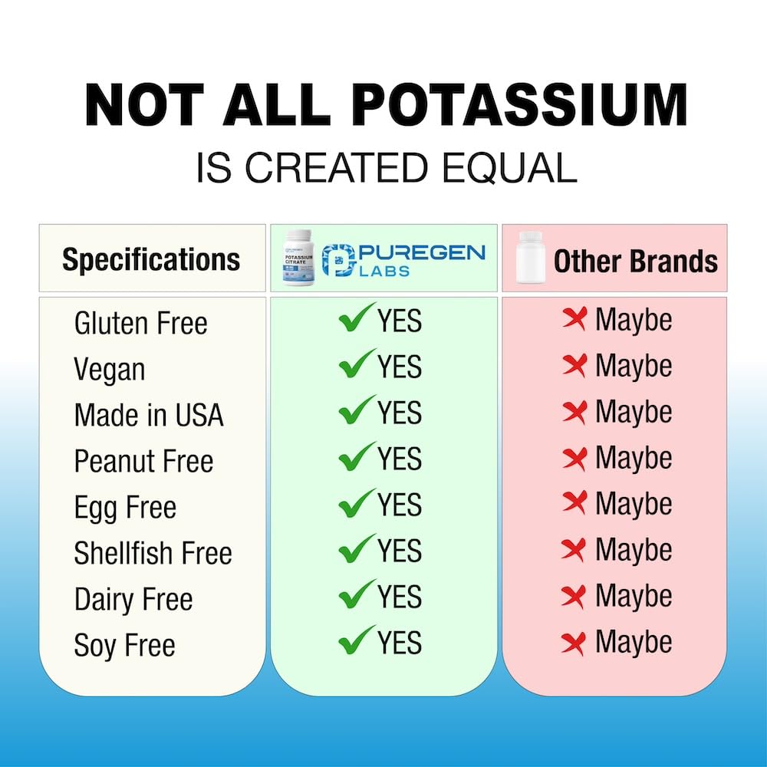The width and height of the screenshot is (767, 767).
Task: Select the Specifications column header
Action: (x=151, y=259)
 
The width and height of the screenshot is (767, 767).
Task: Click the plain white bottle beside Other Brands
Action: (x=530, y=258)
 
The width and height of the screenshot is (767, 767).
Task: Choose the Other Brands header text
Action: (x=636, y=262)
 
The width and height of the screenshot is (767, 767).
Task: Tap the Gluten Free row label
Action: (x=140, y=323)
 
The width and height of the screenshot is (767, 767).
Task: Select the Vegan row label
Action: (x=109, y=370)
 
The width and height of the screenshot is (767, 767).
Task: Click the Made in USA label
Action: (x=149, y=415)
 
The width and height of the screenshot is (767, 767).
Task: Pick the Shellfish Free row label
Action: (x=153, y=553)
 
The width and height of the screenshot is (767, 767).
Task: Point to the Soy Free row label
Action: (x=124, y=645)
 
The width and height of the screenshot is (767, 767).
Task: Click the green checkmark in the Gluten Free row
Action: (x=357, y=318)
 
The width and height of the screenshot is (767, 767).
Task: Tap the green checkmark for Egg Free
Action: (x=357, y=502)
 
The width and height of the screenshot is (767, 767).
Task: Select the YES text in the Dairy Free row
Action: (x=399, y=597)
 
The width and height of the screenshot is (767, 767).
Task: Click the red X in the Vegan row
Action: (x=574, y=366)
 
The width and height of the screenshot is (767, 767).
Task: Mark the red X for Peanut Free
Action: (x=574, y=458)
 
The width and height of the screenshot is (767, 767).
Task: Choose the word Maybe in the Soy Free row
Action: (x=634, y=642)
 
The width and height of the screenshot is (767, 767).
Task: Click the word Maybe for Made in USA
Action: (x=634, y=412)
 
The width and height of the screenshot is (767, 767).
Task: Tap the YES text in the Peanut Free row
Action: (x=399, y=459)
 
